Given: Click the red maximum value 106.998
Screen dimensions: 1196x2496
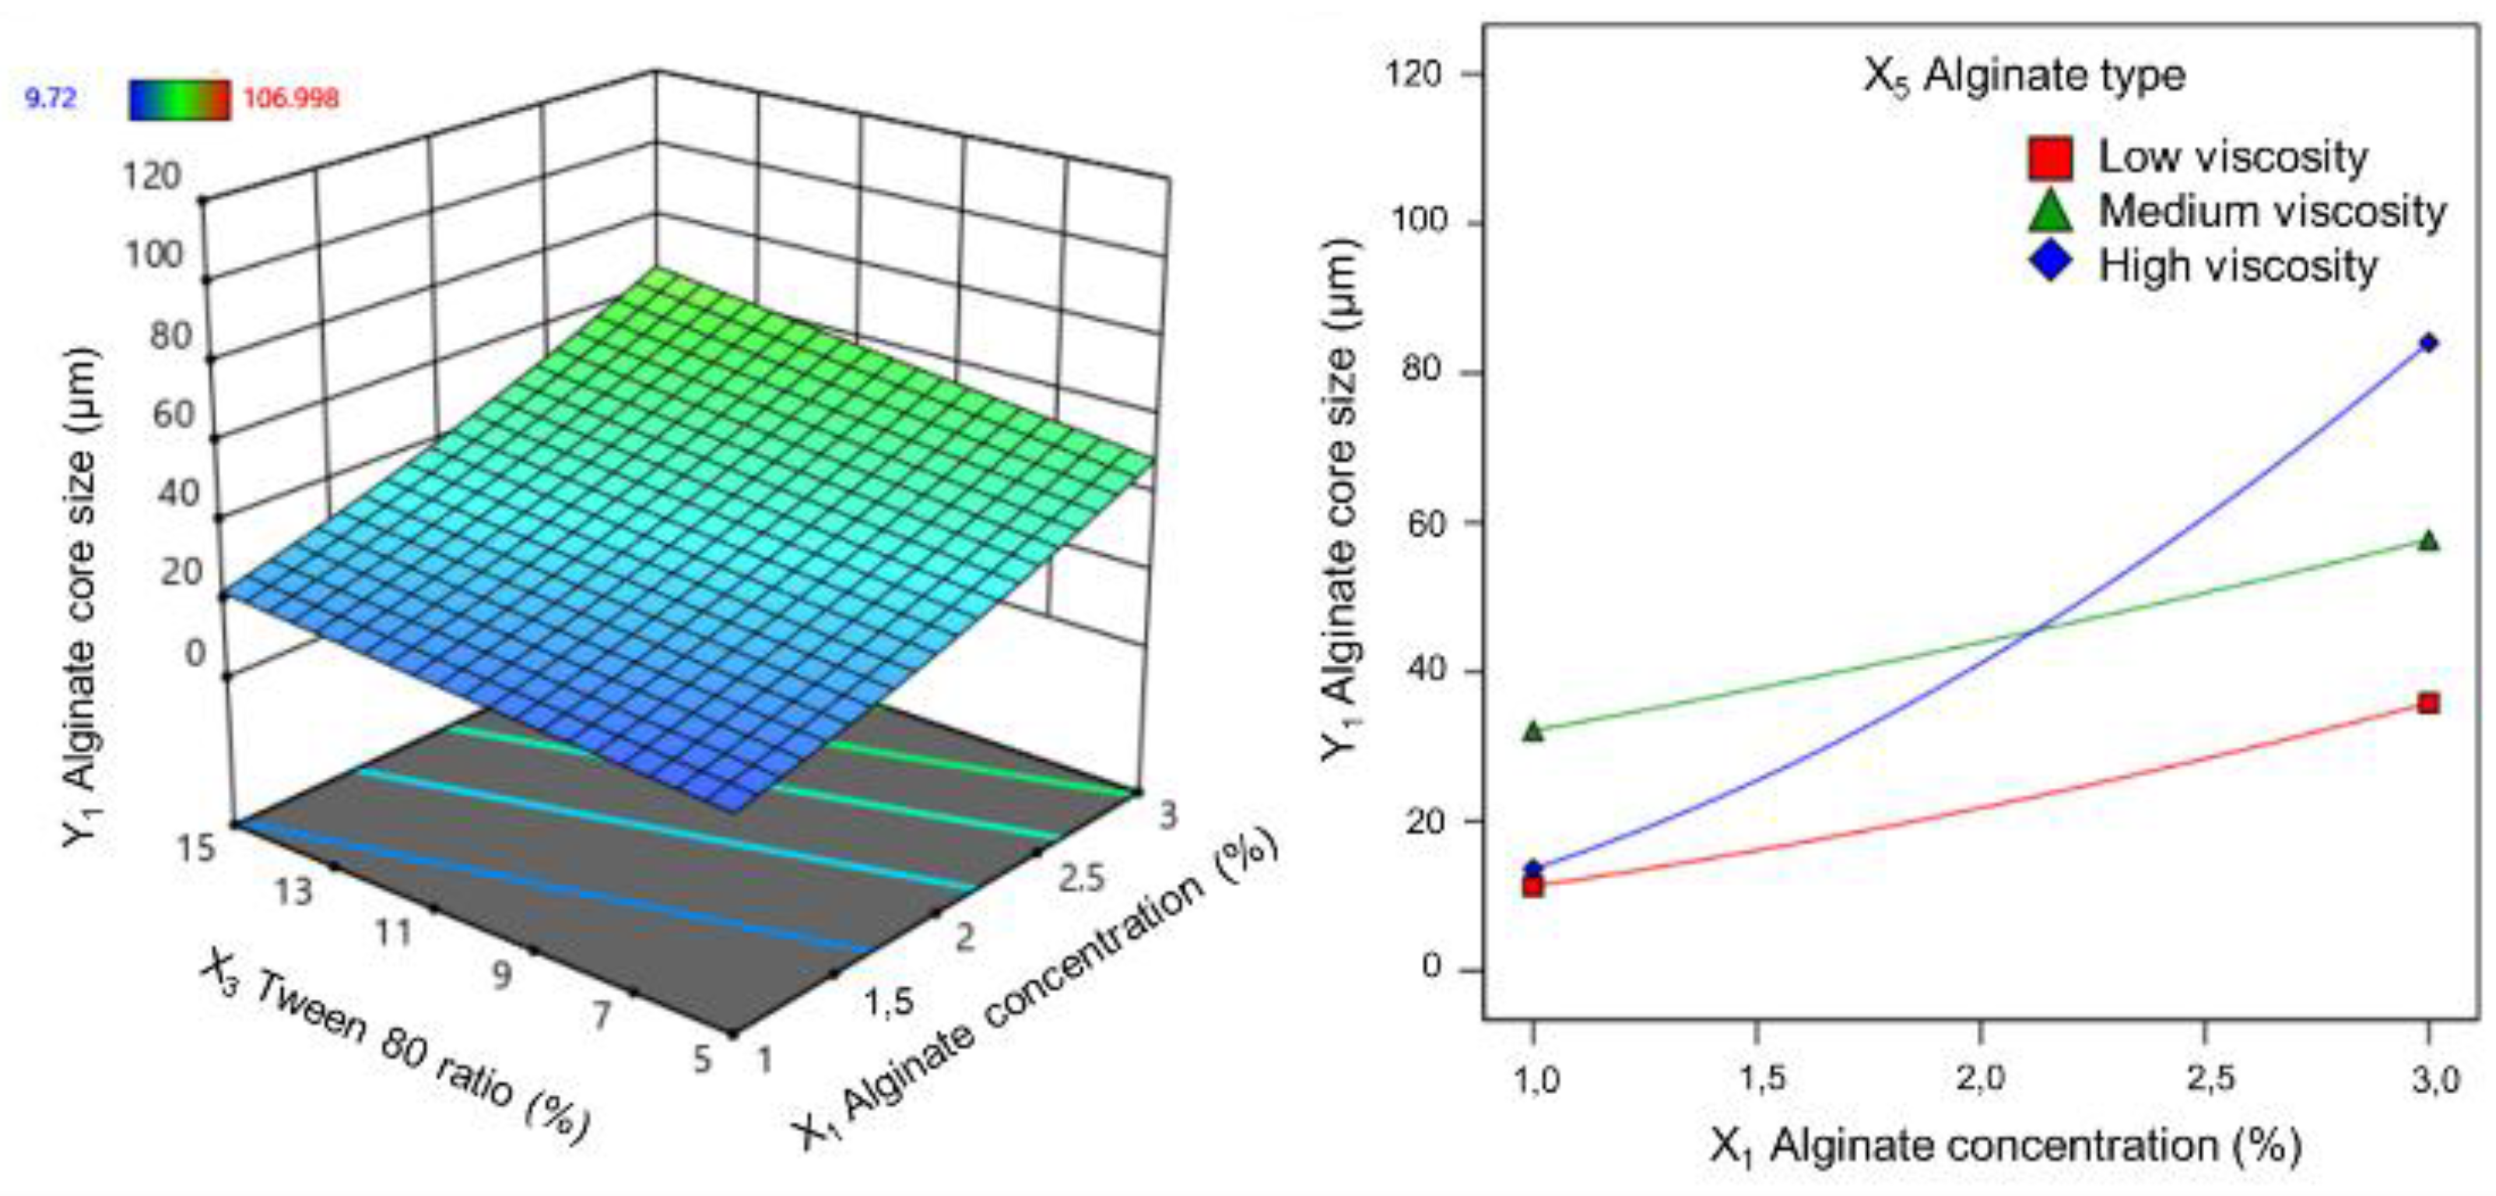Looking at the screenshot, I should pos(290,98).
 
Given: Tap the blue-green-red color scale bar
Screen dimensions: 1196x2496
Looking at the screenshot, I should pos(179,99).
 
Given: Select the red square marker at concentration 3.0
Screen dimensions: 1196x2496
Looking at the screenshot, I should pos(2428,702).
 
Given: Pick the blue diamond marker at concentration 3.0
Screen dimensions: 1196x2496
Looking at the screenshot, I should pos(2428,342).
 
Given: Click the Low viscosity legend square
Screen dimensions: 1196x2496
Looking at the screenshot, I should pos(2050,158).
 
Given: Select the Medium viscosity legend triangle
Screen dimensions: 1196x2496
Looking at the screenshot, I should pos(2050,211).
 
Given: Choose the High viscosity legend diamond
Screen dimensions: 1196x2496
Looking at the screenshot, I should pos(2050,262).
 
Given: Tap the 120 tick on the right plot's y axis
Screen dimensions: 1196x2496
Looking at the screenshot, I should pos(1416,74).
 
